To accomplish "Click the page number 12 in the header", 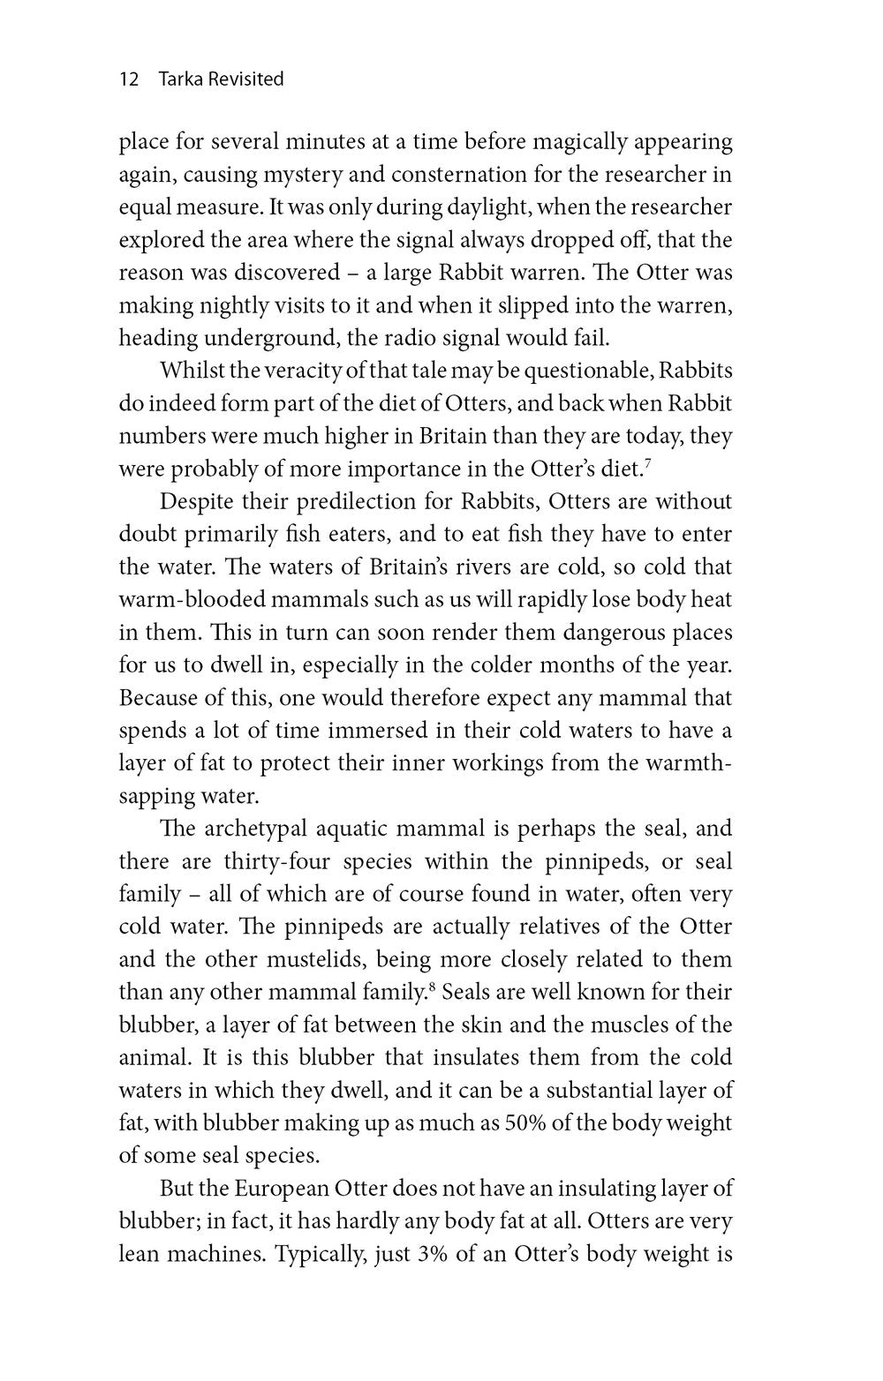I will (x=129, y=79).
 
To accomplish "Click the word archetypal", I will (x=253, y=829).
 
